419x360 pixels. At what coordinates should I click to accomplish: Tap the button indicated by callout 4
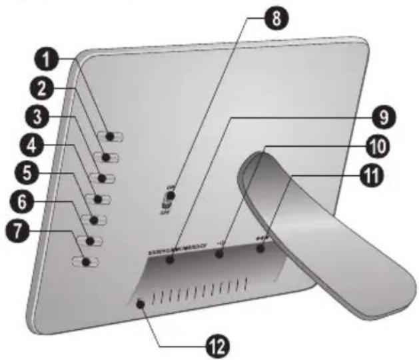pos(101,199)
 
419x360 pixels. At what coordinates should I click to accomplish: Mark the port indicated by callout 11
pos(261,249)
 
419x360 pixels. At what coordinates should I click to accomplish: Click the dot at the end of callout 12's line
pos(141,304)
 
